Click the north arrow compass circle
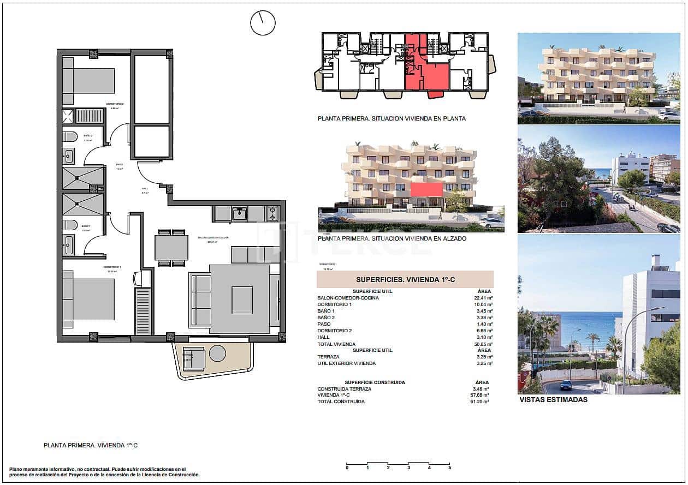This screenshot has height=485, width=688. tap(263, 23)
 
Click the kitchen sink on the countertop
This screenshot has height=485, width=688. tap(239, 213)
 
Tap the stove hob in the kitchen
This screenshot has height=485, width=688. tap(272, 213)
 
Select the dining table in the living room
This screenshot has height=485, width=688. tap(171, 247)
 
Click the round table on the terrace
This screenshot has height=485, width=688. tap(217, 354)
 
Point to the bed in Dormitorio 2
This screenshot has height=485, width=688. tap(88, 81)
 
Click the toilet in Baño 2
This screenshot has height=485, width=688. tap(69, 136)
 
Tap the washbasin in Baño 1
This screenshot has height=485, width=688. tap(68, 245)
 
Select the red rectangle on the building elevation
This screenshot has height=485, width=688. tap(426, 189)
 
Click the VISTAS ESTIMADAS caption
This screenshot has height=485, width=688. tap(553, 399)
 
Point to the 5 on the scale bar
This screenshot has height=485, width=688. tap(449, 468)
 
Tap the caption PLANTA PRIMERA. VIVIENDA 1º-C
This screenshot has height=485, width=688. tap(91, 445)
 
